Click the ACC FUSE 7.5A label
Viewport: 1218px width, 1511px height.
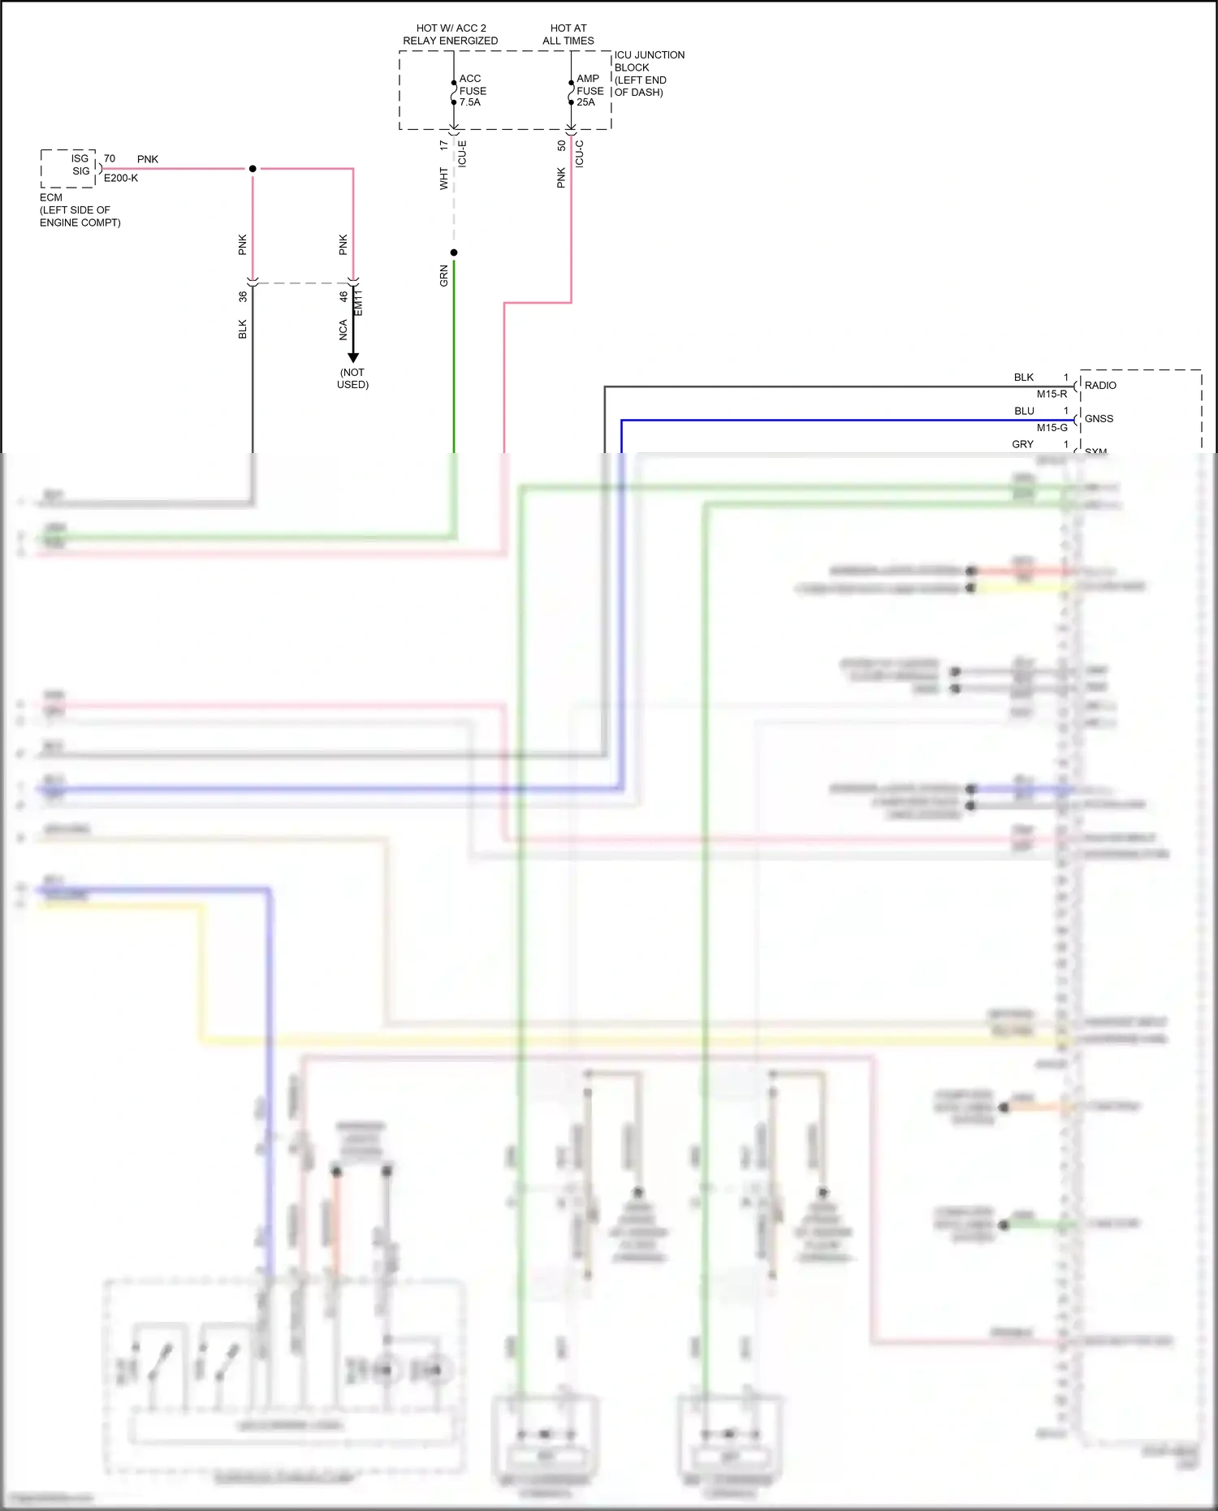pyautogui.click(x=472, y=90)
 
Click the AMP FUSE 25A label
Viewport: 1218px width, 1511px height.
pyautogui.click(x=590, y=90)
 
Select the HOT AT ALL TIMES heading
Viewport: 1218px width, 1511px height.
pyautogui.click(x=568, y=34)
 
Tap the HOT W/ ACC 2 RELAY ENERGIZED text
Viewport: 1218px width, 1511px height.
pyautogui.click(x=451, y=34)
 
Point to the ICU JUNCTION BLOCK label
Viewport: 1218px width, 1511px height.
pyautogui.click(x=649, y=73)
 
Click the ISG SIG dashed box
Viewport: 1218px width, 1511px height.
pyautogui.click(x=69, y=168)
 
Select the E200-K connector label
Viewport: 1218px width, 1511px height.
pyautogui.click(x=121, y=178)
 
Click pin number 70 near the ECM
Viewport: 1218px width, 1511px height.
pyautogui.click(x=110, y=158)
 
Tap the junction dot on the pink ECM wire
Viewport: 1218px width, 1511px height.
pyautogui.click(x=253, y=169)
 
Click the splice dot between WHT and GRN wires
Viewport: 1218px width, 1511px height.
pyautogui.click(x=454, y=253)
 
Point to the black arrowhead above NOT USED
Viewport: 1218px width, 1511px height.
pyautogui.click(x=353, y=356)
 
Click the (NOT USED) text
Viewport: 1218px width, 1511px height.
pyautogui.click(x=352, y=378)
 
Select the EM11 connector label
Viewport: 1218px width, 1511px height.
pyautogui.click(x=359, y=302)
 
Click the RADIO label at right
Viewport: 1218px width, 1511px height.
pyautogui.click(x=1100, y=385)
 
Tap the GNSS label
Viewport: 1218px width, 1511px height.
pyautogui.click(x=1099, y=418)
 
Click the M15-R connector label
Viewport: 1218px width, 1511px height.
pyautogui.click(x=1052, y=394)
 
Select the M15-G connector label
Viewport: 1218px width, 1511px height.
pyautogui.click(x=1052, y=427)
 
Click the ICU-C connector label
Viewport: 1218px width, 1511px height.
pyautogui.click(x=580, y=153)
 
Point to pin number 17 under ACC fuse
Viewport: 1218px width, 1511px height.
pyautogui.click(x=443, y=145)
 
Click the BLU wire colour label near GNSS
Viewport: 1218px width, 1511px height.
pyautogui.click(x=1024, y=411)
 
